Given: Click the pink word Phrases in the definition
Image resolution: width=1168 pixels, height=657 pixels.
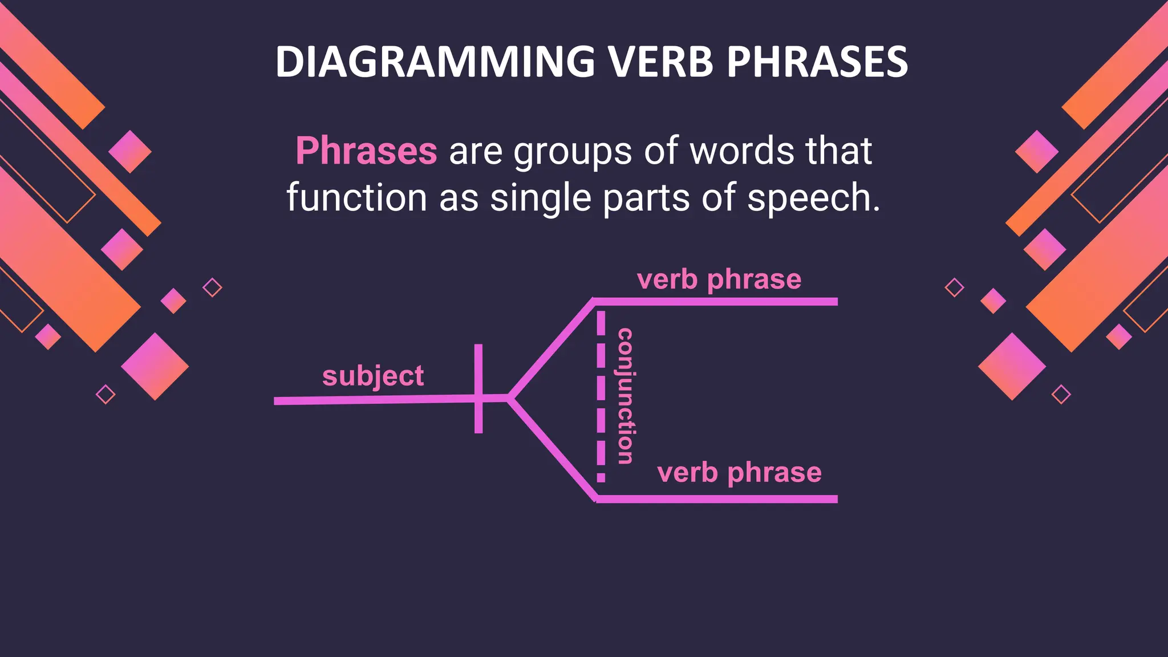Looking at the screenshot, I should (366, 151).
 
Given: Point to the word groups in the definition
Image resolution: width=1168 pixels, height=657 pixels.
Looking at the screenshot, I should (573, 152).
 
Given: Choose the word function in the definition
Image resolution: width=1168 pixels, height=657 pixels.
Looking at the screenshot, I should (356, 198).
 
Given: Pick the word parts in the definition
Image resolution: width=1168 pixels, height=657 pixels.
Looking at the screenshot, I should (646, 199).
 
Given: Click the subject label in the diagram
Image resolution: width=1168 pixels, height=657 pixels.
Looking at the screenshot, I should (373, 376).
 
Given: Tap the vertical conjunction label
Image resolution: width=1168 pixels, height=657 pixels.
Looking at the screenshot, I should (626, 396).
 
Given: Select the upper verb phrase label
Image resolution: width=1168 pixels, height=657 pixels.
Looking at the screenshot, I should (719, 279).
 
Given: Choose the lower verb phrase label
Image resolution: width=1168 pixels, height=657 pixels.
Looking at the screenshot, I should (739, 473).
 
